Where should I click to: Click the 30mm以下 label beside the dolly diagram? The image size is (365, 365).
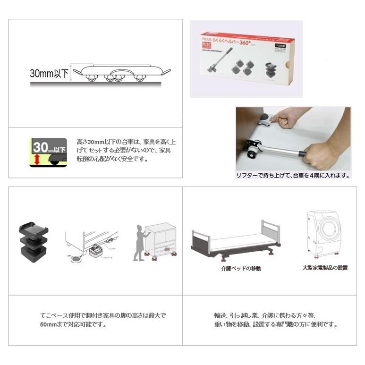(x=49, y=74)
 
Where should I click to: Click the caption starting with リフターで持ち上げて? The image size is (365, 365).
(x=293, y=176)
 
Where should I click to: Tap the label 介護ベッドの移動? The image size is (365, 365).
(x=241, y=268)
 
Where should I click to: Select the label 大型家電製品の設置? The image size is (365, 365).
(x=325, y=268)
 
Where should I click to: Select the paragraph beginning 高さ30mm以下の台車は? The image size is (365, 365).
(x=126, y=150)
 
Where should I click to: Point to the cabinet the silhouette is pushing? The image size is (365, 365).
(x=161, y=238)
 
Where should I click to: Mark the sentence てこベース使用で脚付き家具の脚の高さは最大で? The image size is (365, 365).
(x=102, y=315)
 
